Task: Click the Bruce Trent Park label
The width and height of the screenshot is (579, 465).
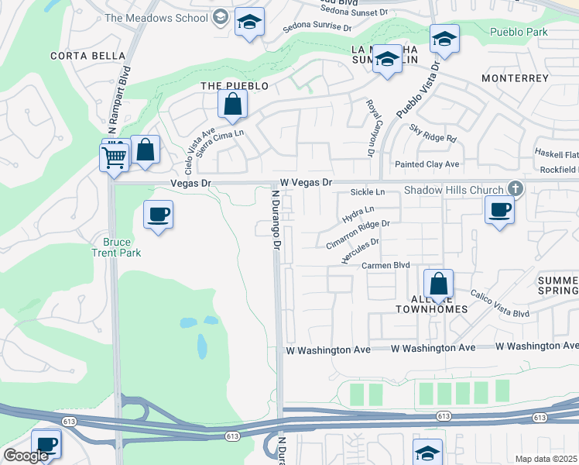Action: point(116,247)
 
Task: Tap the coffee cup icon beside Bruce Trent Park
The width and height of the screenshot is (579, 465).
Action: point(159,215)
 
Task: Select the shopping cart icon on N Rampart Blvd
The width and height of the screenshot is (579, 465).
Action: point(115,158)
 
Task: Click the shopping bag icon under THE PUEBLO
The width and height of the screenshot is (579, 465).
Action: point(232,104)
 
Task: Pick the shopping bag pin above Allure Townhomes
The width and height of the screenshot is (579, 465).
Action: point(438,284)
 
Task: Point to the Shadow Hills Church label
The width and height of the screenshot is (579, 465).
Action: point(454,191)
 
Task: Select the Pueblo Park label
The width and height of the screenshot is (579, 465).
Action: point(519,33)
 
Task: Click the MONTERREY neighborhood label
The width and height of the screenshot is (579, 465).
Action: point(515,78)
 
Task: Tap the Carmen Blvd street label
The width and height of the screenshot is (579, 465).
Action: point(385,265)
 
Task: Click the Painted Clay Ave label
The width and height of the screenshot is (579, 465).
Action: point(427,164)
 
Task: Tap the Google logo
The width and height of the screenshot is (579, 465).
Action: point(25,456)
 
